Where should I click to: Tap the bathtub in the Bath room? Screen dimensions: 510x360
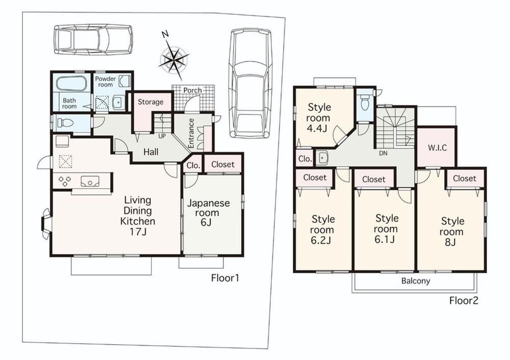point(71,84)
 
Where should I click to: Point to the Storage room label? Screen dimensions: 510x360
point(150,102)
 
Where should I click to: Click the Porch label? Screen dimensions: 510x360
point(193,90)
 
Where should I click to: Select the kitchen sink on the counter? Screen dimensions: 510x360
point(91,181)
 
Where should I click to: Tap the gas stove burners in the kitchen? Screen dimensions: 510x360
point(65,181)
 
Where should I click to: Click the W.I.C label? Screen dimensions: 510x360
point(437,148)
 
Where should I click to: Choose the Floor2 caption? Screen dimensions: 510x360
point(464,300)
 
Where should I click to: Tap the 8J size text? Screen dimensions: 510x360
point(450,242)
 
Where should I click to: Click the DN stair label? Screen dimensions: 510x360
point(384,153)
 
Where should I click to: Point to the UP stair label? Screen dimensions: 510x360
point(162,136)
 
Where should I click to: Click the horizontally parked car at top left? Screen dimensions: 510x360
point(93,39)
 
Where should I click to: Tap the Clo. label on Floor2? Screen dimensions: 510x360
point(305,159)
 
